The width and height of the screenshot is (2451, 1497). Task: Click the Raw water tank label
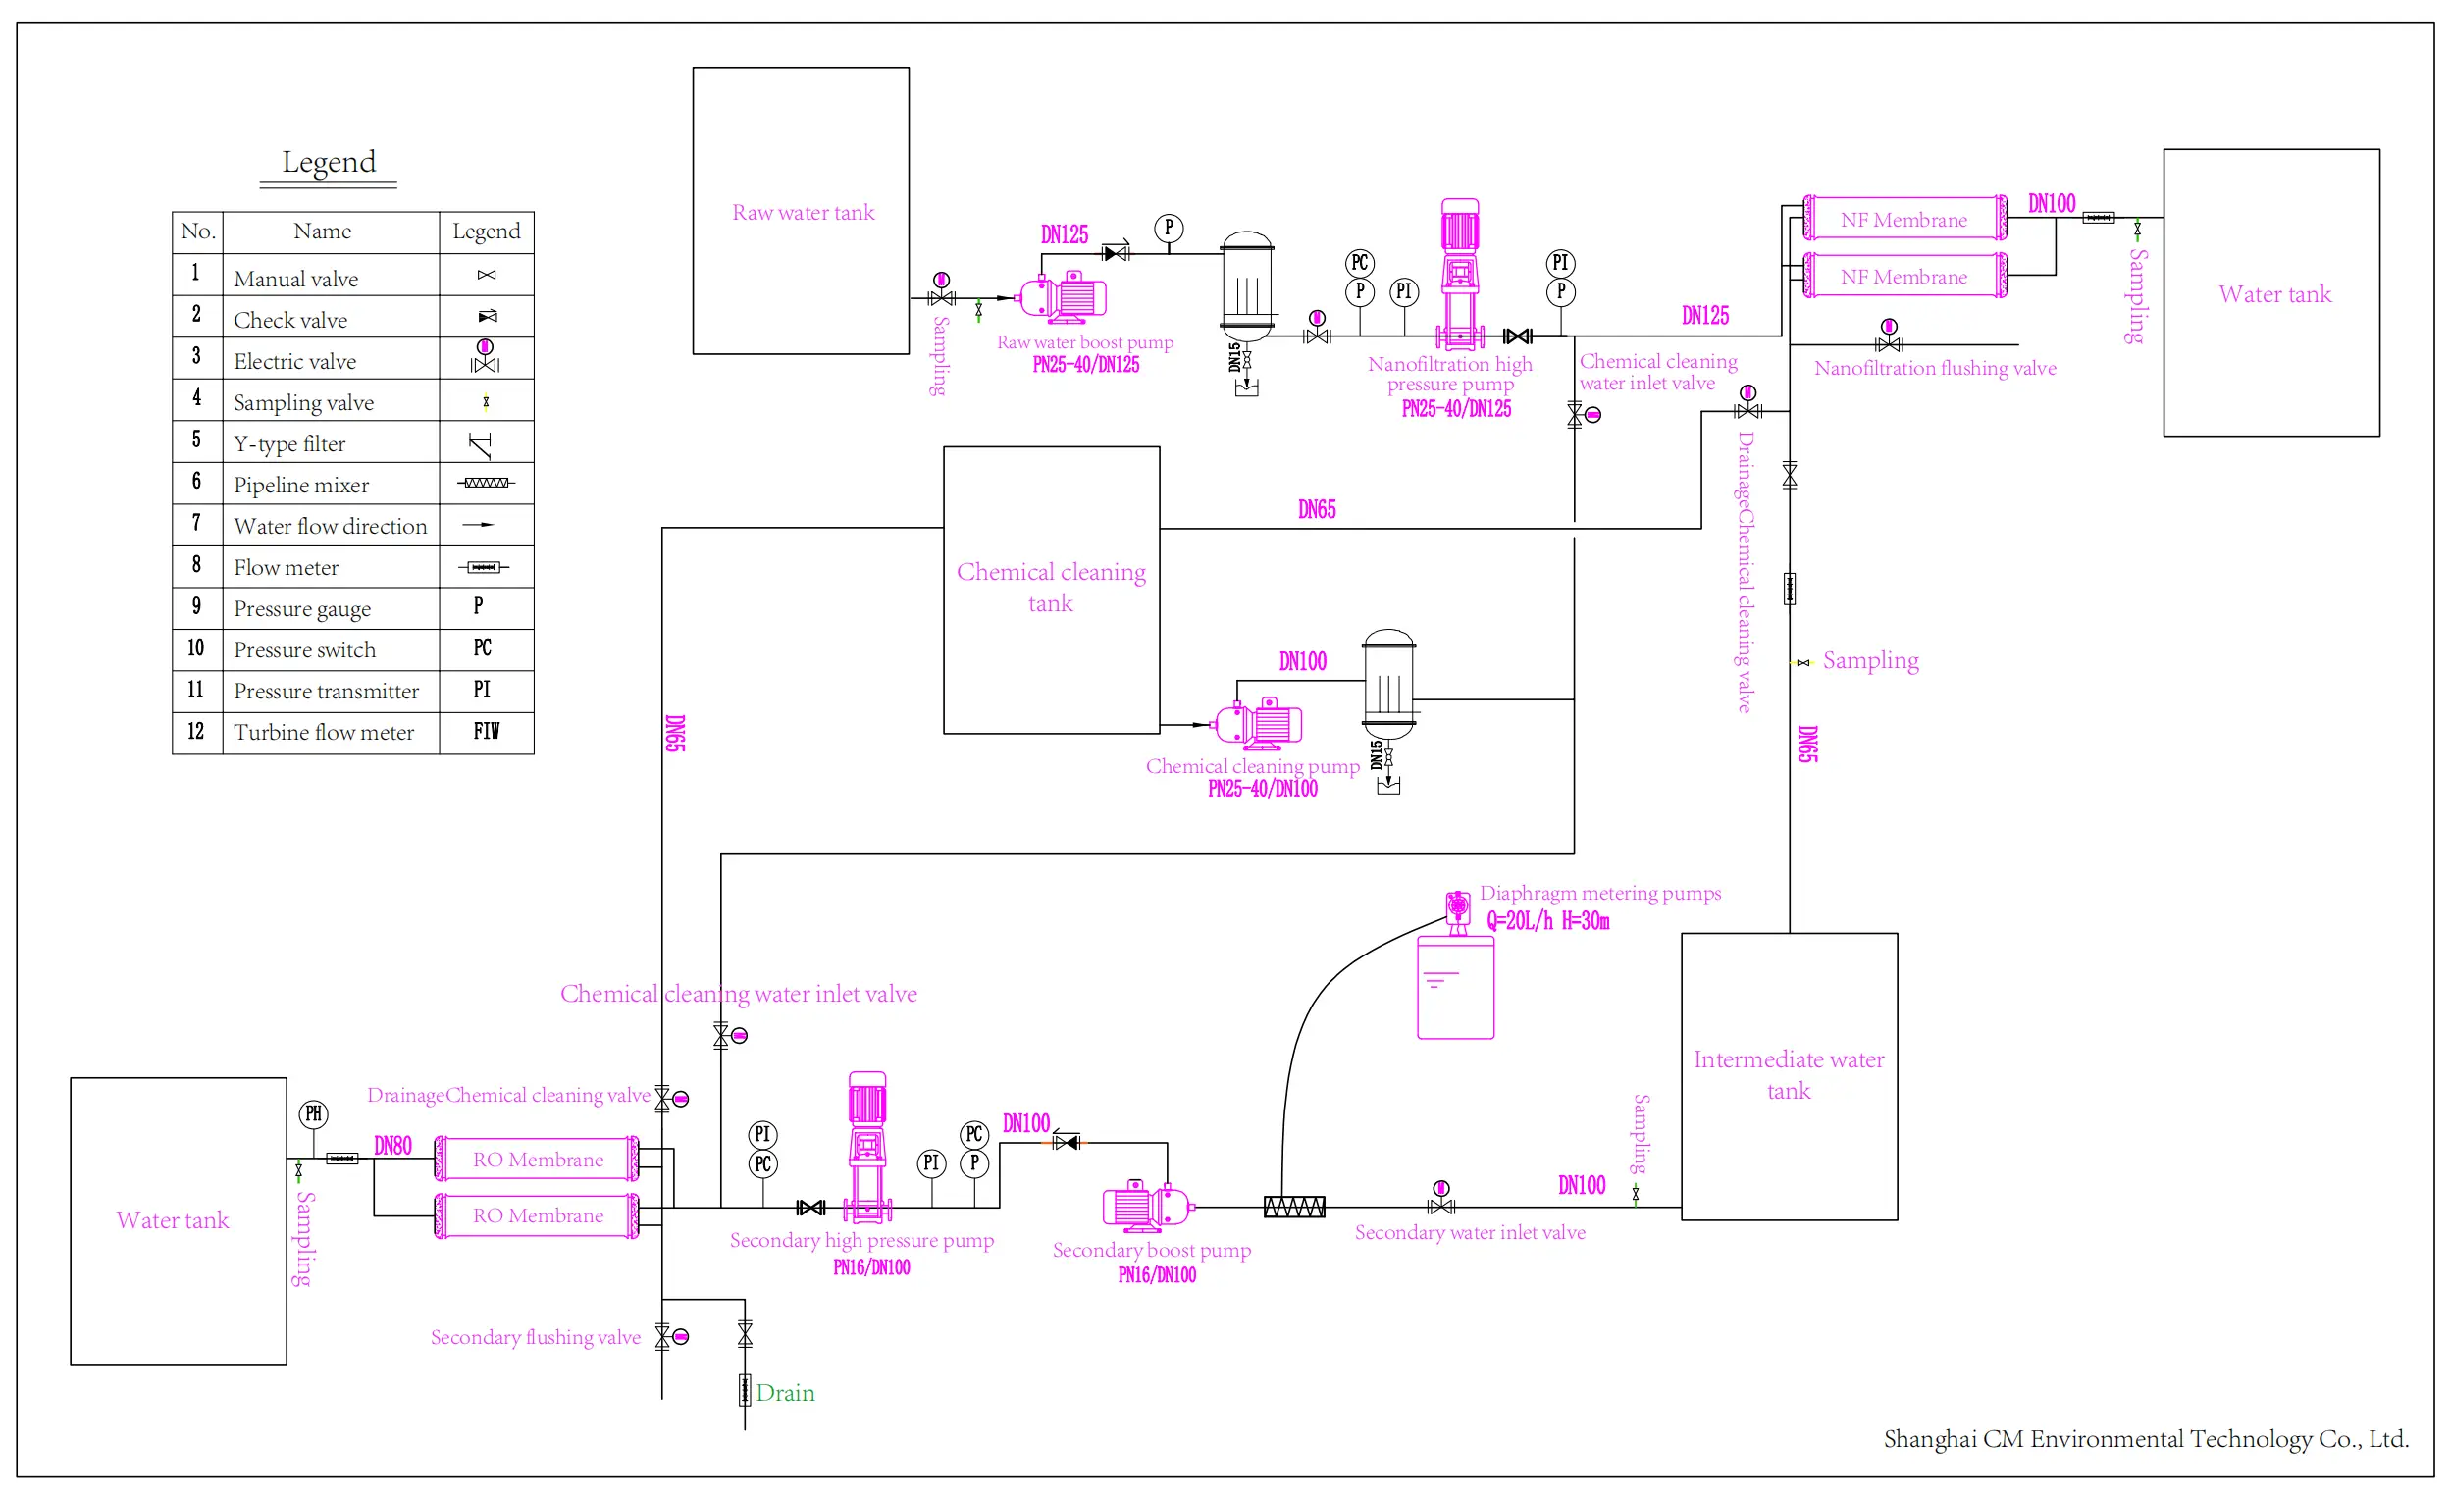coord(803,212)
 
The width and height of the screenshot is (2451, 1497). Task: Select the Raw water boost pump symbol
coord(1064,296)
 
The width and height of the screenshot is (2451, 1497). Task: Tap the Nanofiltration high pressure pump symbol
coord(1459,274)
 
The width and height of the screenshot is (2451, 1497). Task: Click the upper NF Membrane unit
coord(1903,219)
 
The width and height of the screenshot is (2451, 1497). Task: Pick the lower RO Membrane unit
coord(537,1215)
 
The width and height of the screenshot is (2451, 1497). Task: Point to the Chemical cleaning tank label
coord(1051,587)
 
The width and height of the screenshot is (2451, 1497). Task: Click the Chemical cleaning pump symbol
coord(1259,723)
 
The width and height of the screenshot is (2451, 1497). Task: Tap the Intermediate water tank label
coord(1788,1074)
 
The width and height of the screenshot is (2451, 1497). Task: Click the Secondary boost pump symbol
coord(1147,1206)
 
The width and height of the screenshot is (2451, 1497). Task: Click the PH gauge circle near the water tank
coord(313,1114)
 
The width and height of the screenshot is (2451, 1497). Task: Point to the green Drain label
coord(785,1393)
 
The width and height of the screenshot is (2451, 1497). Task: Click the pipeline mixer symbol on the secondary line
coord(1293,1207)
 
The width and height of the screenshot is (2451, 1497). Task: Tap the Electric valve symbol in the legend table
coord(485,357)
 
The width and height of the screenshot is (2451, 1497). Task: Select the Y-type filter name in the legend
coord(289,443)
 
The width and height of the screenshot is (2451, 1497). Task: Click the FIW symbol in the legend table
coord(486,731)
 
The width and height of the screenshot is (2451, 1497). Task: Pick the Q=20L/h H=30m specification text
coord(1546,921)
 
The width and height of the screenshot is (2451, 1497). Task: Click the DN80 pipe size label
coord(391,1145)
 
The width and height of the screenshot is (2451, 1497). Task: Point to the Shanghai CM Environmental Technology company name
coord(2145,1438)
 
